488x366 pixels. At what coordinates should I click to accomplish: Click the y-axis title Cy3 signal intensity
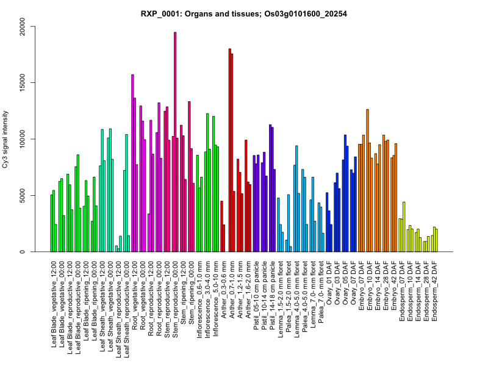(x=7, y=139)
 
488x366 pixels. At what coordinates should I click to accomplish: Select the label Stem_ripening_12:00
(x=183, y=298)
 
